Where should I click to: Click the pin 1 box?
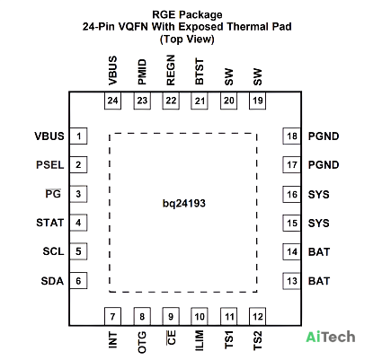click(78, 136)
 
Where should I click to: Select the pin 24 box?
click(112, 101)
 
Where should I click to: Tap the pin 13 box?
click(292, 281)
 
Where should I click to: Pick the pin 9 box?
click(171, 316)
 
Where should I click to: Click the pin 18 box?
click(292, 136)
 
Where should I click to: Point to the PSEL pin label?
click(50, 165)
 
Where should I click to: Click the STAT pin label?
click(50, 223)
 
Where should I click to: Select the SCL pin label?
click(53, 251)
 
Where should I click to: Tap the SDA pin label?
click(52, 281)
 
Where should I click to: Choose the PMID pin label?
click(142, 72)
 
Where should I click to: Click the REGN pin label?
click(171, 70)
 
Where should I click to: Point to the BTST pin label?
click(200, 72)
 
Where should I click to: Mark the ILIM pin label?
click(200, 340)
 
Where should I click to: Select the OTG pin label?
click(142, 342)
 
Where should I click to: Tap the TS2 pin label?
click(258, 340)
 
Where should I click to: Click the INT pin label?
click(112, 339)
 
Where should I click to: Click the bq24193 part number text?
click(184, 204)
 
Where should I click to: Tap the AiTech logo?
click(331, 337)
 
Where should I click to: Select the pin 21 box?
click(200, 101)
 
